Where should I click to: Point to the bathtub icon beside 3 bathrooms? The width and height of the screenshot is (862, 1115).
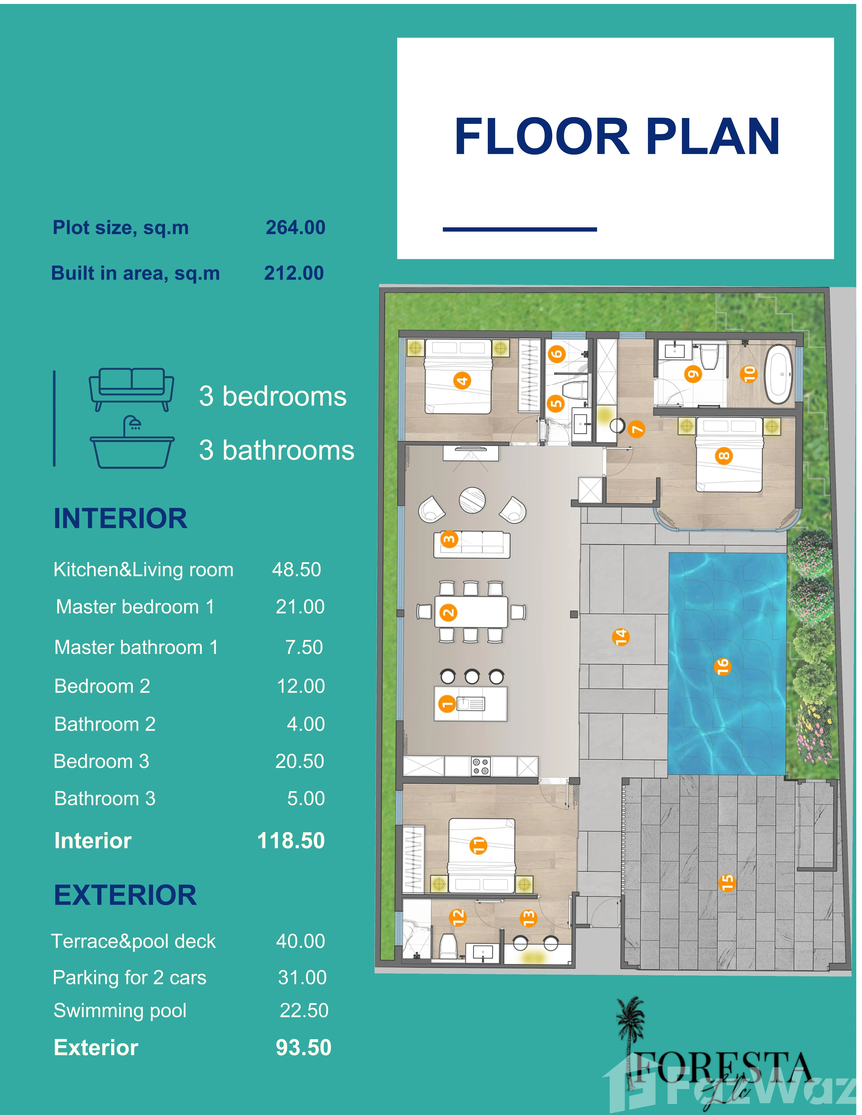point(132,442)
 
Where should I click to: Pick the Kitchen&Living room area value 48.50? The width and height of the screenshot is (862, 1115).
point(296,569)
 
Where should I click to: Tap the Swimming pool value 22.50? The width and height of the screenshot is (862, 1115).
point(304,1010)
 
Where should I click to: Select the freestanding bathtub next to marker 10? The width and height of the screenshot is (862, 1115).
point(779,374)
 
